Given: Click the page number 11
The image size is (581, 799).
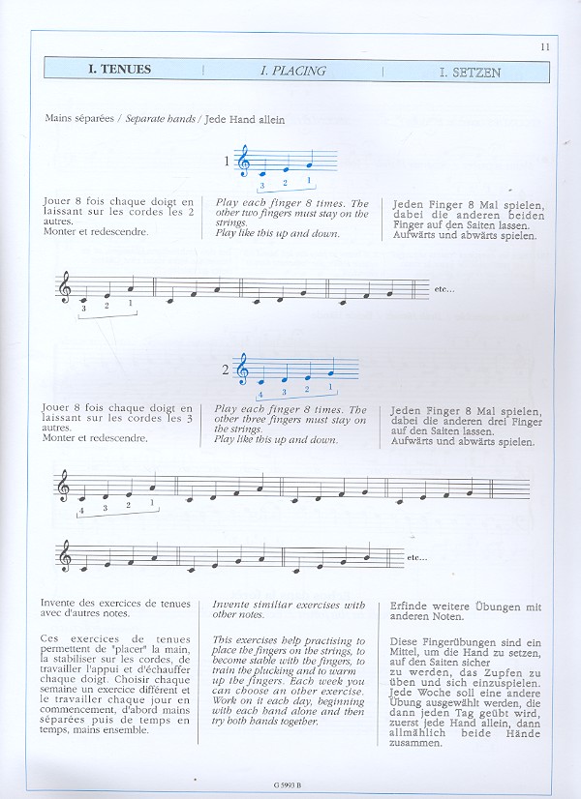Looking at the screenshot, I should pos(545,46).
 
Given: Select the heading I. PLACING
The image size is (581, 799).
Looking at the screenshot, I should pos(292,71).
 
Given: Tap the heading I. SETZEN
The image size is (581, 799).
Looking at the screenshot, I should pos(470,72).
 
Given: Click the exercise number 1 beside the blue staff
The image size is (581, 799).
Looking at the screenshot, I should pos(229,162).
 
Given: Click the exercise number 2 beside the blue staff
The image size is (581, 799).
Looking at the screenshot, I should pos(226,370).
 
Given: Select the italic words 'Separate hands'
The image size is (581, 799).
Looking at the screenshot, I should pos(159,119).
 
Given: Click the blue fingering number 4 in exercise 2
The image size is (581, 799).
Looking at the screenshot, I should pos(260,394).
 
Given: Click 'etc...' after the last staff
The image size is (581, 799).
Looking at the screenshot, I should pos(417,557).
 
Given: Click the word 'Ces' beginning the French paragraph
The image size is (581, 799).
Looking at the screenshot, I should pos(54,639).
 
